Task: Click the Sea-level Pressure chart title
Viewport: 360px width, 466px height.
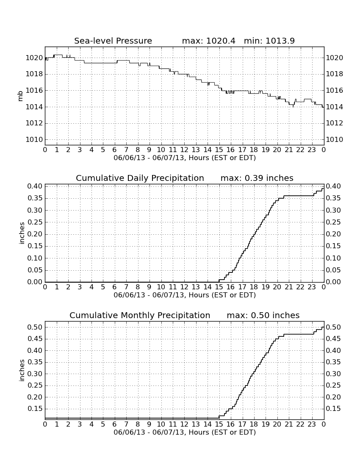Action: point(113,41)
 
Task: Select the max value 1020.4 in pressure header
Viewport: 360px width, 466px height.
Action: point(221,41)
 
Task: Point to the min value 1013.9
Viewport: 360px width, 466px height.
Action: point(280,41)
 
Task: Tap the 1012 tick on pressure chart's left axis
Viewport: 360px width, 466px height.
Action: point(34,123)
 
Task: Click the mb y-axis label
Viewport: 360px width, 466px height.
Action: point(20,96)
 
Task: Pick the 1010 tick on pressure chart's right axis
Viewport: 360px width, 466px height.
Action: point(335,139)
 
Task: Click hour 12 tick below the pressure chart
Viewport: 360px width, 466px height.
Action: point(184,150)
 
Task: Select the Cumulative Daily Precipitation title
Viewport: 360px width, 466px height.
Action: point(140,178)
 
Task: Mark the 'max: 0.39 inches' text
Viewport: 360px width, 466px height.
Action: point(257,178)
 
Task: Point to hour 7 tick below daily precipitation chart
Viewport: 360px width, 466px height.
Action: point(126,287)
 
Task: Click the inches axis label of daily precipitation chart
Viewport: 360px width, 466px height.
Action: point(21,233)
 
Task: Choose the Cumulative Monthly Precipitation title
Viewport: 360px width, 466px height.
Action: point(140,315)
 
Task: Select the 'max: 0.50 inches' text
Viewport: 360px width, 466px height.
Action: point(263,315)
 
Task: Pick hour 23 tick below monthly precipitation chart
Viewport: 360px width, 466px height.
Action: point(312,424)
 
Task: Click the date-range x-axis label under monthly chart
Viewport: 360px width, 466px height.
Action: point(185,432)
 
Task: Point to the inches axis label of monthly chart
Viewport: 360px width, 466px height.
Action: point(21,370)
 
